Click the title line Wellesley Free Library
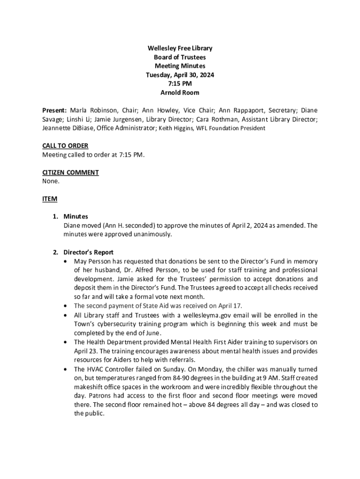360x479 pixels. coord(180,48)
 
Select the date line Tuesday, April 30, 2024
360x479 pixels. coord(180,75)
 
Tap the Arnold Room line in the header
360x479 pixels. coord(180,93)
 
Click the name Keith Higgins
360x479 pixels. coord(177,128)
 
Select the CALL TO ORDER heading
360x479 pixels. coord(65,146)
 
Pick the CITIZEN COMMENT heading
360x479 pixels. coord(71,173)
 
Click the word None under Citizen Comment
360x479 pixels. coord(51,181)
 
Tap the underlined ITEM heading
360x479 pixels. coord(50,199)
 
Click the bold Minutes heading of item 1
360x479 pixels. coord(76,217)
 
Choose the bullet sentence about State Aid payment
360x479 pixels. coord(158,306)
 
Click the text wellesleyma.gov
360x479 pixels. coord(195,315)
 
